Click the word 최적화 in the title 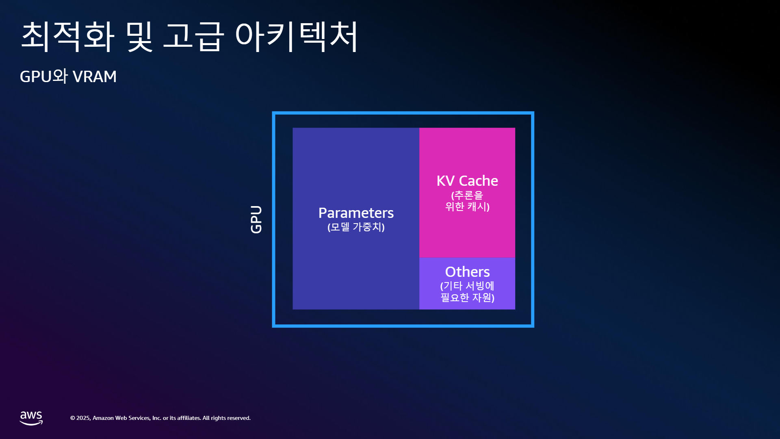click(x=67, y=37)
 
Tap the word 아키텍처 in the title click(x=297, y=37)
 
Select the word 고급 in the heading click(x=193, y=37)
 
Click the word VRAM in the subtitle click(x=95, y=76)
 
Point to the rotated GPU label click(x=256, y=219)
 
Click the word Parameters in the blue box click(x=356, y=213)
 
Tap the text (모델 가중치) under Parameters click(x=356, y=227)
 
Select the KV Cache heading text click(x=467, y=180)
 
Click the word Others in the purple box click(x=467, y=272)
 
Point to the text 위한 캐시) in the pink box click(x=467, y=206)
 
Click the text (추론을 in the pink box click(x=467, y=195)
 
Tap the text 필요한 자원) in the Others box click(x=467, y=298)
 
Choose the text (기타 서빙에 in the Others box click(x=467, y=286)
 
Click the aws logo click(x=31, y=418)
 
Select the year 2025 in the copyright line click(x=83, y=418)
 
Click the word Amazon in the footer click(x=103, y=418)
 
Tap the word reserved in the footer click(x=239, y=418)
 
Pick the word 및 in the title click(x=139, y=37)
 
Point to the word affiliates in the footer click(x=189, y=418)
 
